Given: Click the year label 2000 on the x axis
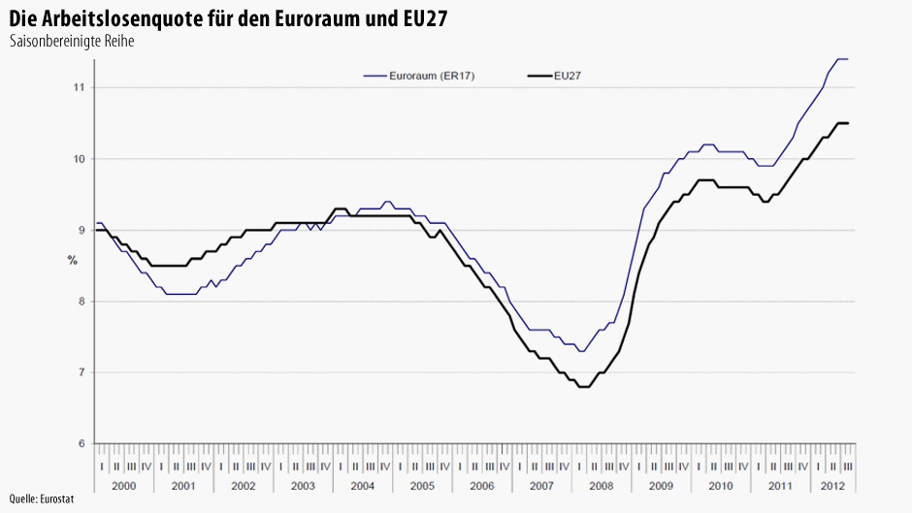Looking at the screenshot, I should [x=124, y=484].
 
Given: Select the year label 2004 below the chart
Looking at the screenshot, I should [x=362, y=484].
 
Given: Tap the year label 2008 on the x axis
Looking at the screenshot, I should [x=601, y=484].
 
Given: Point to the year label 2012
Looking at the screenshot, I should [x=832, y=484].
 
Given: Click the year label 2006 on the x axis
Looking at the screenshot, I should [x=481, y=484].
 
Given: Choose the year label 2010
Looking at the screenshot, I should [x=720, y=484].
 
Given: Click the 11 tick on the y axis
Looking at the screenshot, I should [x=79, y=87].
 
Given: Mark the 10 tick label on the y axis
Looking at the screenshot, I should [x=79, y=159].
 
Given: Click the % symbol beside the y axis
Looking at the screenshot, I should [x=73, y=260].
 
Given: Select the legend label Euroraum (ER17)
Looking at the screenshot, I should [x=431, y=75].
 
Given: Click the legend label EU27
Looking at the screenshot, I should [x=568, y=75].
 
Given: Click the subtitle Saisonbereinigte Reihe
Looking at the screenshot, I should [x=71, y=42].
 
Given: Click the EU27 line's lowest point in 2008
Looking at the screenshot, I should [x=584, y=387].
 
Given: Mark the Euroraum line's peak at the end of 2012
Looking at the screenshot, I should [x=843, y=59].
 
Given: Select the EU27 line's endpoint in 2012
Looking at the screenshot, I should [x=848, y=123].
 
